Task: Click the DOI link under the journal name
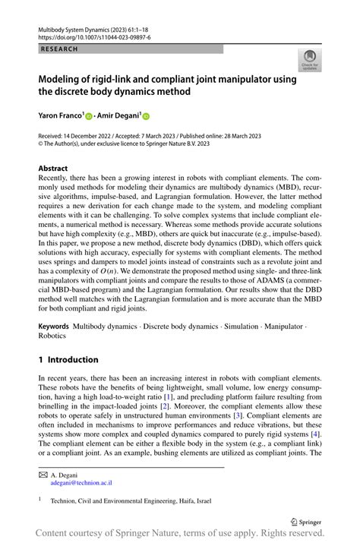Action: tap(93, 36)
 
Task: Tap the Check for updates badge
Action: tap(309, 61)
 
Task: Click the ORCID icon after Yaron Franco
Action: tap(88, 117)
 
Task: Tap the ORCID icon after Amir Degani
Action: tap(146, 117)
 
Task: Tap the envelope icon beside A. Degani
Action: tap(43, 473)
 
